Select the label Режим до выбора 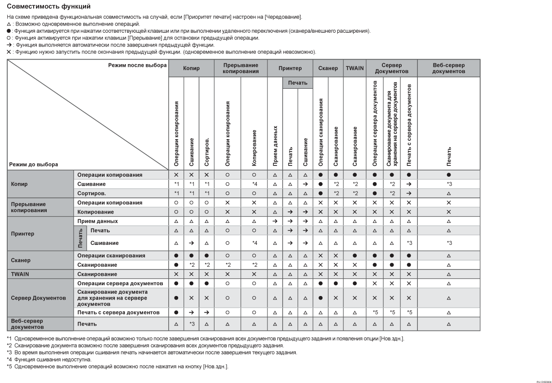pyautogui.click(x=34, y=165)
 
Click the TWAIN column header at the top pyautogui.click(x=355, y=68)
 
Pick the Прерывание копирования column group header pyautogui.click(x=241, y=68)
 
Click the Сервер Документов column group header pyautogui.click(x=392, y=68)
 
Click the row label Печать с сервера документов pyautogui.click(x=118, y=312)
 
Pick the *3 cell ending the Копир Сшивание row pyautogui.click(x=449, y=184)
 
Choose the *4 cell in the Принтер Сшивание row pyautogui.click(x=254, y=243)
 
